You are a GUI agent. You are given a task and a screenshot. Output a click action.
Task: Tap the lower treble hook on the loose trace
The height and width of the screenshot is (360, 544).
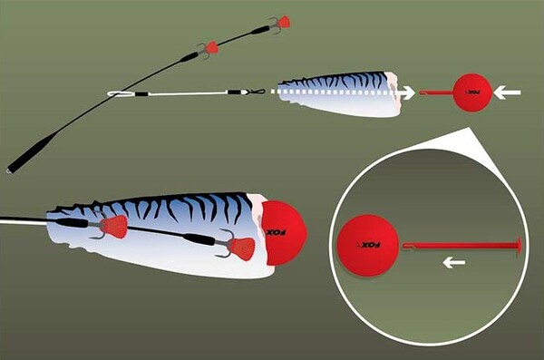209,48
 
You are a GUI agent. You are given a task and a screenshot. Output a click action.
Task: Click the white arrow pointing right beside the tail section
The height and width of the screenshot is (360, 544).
408,92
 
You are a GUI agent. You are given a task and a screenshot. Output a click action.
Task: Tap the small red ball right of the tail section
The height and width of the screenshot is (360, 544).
471,92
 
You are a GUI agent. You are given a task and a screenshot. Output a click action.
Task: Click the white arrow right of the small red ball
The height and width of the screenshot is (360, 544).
511,92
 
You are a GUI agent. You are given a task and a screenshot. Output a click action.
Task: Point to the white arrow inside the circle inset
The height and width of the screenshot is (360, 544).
454,263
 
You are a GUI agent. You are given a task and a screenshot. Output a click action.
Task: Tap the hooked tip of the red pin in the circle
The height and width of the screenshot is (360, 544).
406,244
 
